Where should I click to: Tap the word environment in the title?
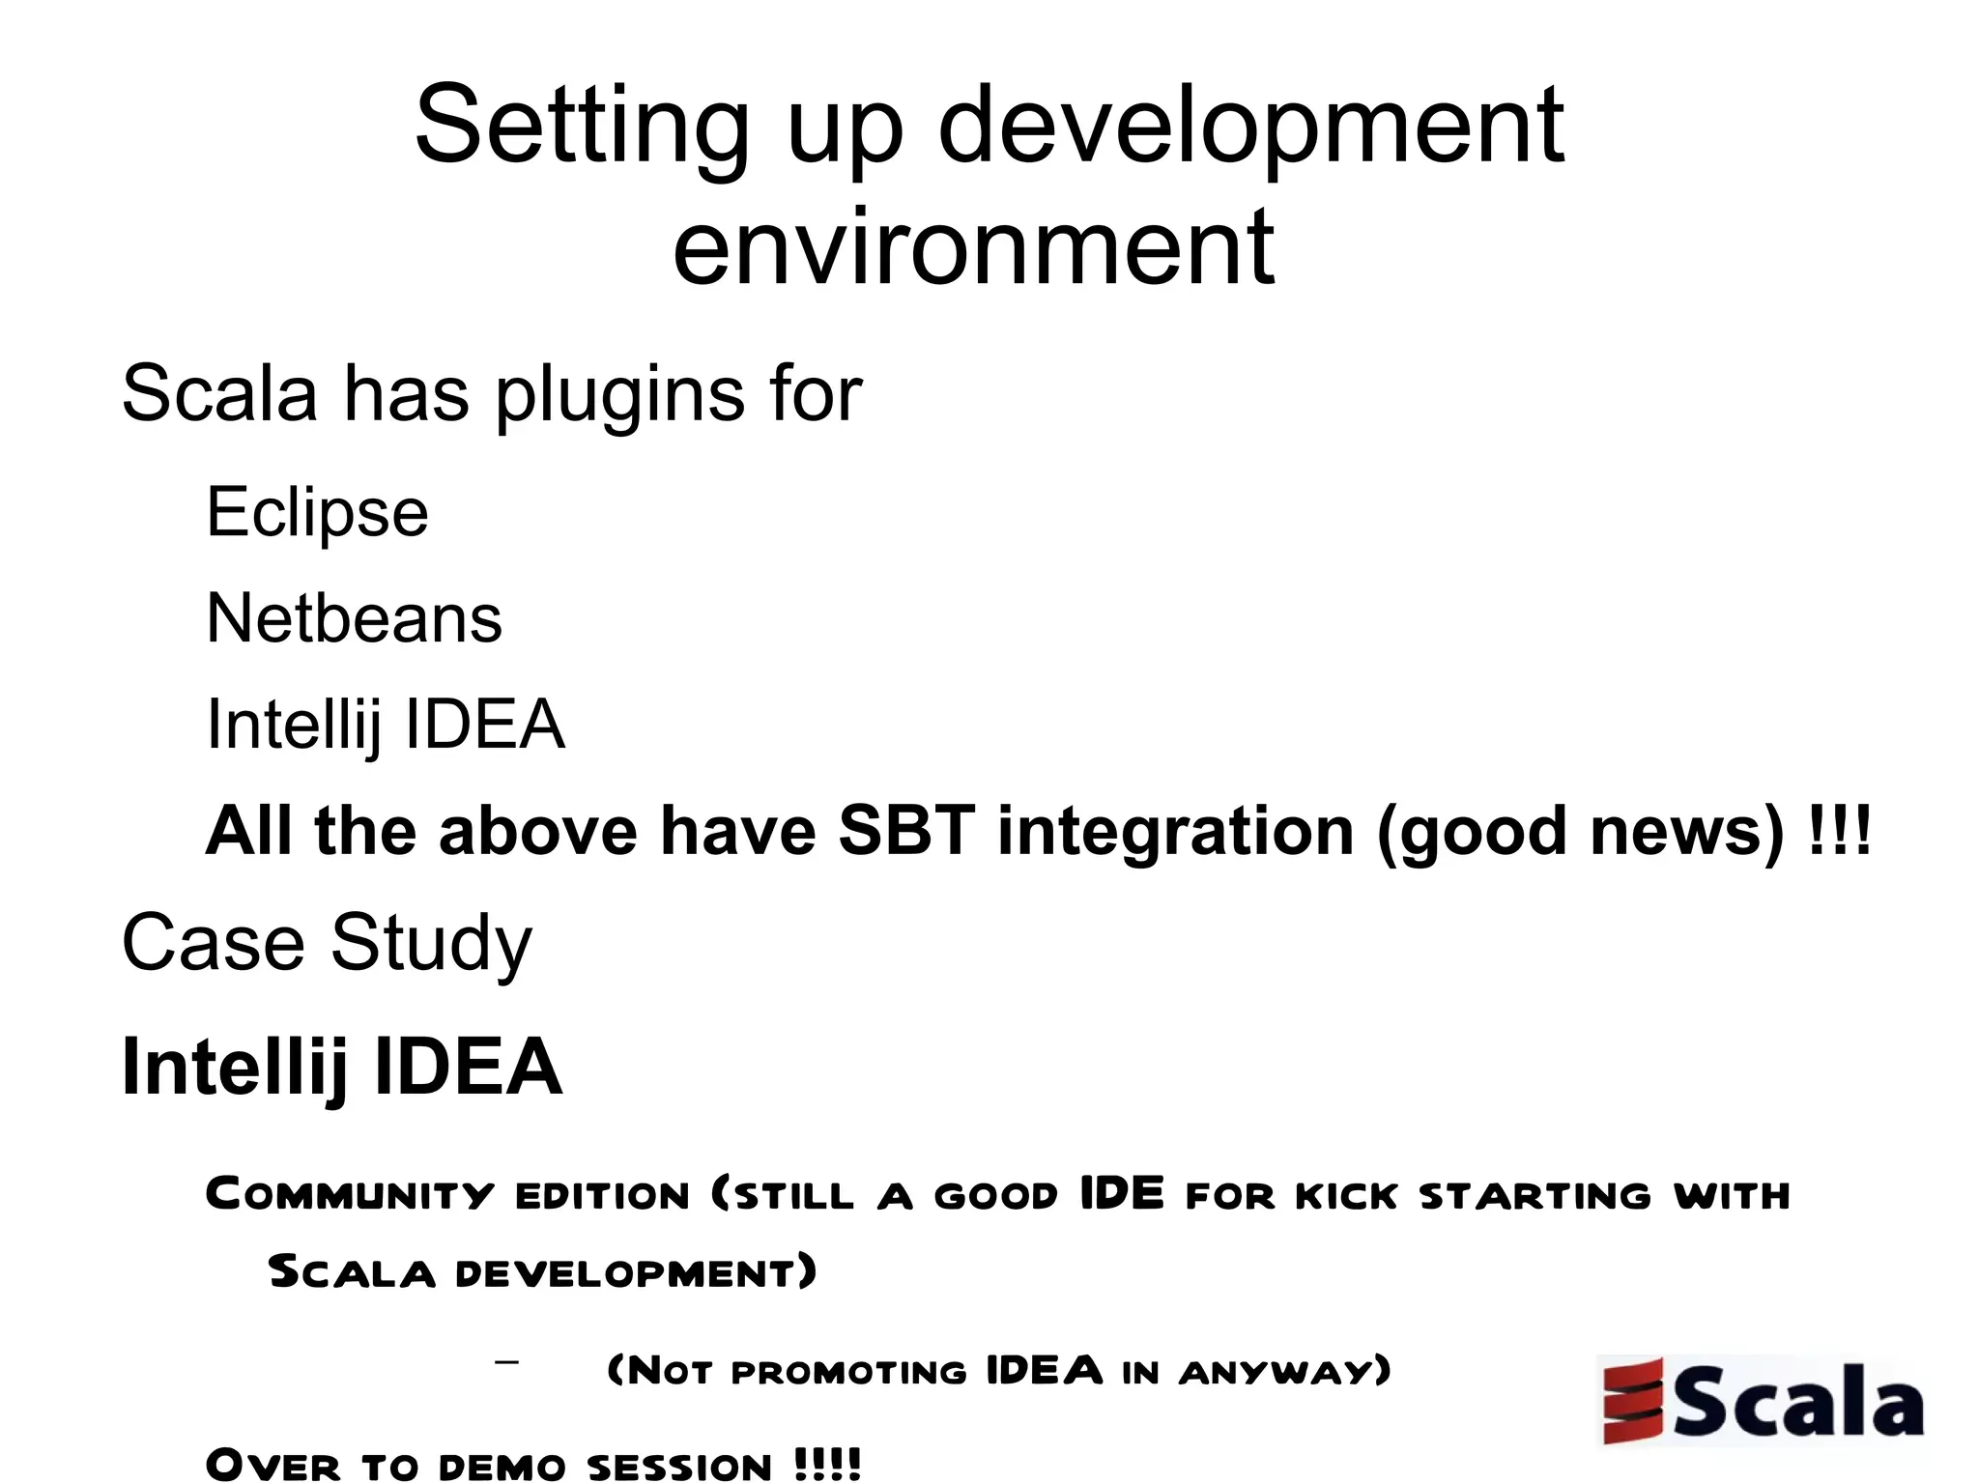point(973,248)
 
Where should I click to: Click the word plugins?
point(619,395)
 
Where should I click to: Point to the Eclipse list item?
point(317,512)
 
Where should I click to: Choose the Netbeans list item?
point(354,618)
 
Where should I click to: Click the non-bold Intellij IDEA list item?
point(385,725)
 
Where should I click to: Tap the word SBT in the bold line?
point(906,831)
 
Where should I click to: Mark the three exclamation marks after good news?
point(1839,831)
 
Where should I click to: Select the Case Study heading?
point(327,943)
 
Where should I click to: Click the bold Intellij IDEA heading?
point(341,1067)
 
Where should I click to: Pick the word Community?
point(350,1195)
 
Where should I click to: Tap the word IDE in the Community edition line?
point(1121,1193)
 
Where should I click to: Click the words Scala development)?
point(542,1271)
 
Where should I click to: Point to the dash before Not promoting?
point(506,1362)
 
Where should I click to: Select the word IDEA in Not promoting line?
point(1044,1370)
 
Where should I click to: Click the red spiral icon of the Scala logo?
point(1633,1400)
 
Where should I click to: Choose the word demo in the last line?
point(502,1466)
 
